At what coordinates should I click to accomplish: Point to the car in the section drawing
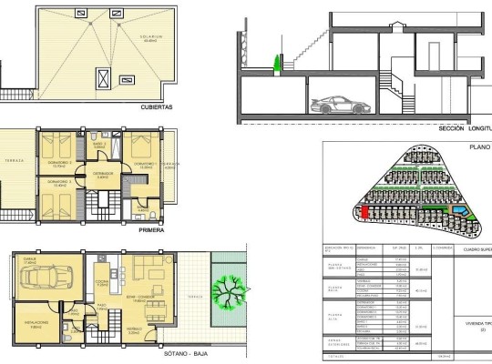click(336, 103)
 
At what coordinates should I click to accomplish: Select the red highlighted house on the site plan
click(365, 211)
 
